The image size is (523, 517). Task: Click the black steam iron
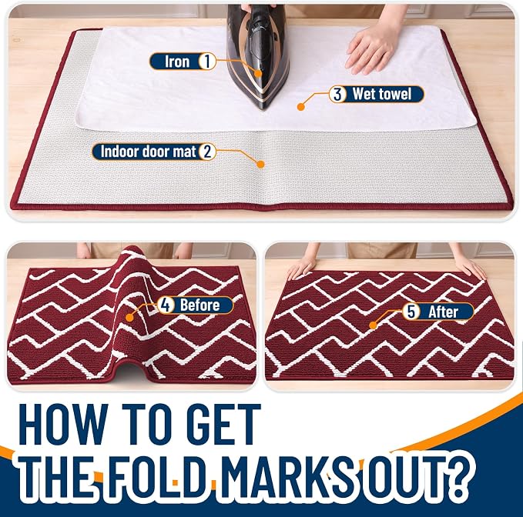pos(256,57)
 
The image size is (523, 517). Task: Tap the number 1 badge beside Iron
pos(207,62)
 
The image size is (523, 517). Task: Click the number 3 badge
pos(337,95)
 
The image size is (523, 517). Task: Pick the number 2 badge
pos(207,152)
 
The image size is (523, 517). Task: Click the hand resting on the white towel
pos(370,50)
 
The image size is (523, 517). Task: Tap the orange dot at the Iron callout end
pos(258,73)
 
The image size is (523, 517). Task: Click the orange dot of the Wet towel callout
pos(301,107)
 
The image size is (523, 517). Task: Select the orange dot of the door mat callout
pos(260,164)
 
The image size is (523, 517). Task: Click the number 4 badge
pos(165,305)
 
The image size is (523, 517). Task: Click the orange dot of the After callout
pos(374,325)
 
